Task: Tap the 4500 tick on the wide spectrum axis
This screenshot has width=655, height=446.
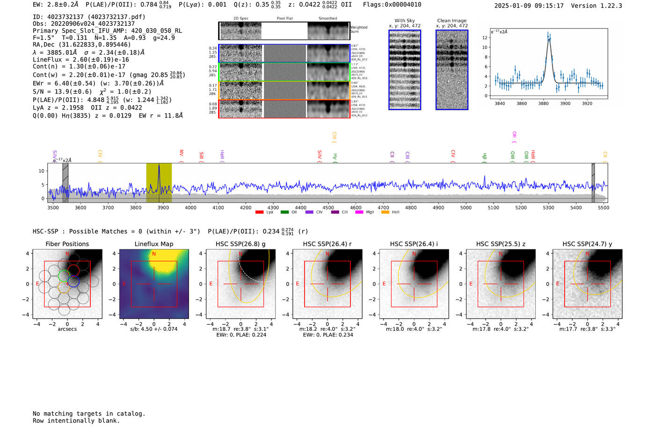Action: tap(328, 207)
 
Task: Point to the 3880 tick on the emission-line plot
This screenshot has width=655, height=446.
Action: tap(543, 103)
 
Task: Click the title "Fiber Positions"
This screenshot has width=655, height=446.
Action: tap(67, 244)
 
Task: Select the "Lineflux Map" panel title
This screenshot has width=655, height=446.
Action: tap(154, 244)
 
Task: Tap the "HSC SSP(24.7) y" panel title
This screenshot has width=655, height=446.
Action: tap(587, 244)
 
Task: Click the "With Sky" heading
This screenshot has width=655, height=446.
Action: tap(405, 21)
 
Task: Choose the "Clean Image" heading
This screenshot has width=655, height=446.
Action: tap(452, 21)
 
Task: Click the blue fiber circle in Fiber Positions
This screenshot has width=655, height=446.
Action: tap(73, 281)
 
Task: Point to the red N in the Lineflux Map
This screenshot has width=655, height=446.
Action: tap(154, 254)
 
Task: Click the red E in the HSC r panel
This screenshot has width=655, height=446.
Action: tap(298, 284)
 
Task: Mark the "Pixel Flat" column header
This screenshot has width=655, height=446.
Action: tap(284, 19)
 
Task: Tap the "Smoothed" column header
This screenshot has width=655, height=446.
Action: tap(327, 19)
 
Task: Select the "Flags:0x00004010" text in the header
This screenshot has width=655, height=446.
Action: tap(392, 5)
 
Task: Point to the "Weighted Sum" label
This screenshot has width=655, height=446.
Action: tap(359, 29)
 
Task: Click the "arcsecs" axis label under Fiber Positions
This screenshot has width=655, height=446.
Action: tap(67, 329)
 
